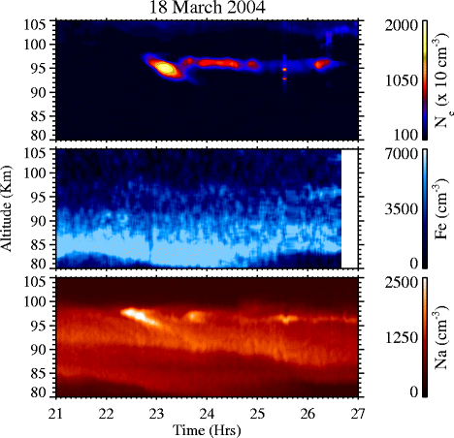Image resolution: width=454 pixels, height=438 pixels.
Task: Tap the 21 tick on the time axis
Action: (56, 412)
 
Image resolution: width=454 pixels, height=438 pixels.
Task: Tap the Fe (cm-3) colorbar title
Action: (438, 207)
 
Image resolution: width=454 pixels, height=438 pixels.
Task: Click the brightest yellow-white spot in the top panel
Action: (164, 68)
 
